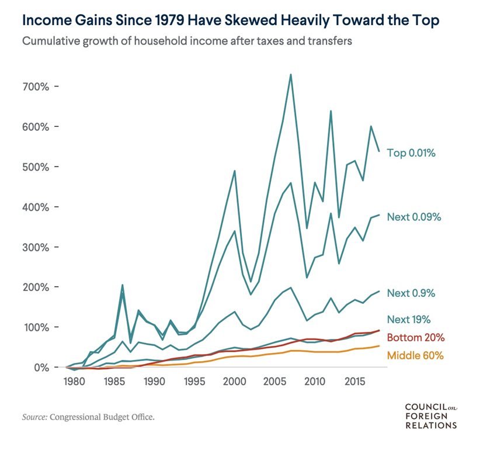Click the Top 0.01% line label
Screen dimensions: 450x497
pos(411,154)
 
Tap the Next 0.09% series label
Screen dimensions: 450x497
pos(414,217)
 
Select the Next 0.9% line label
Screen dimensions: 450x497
pos(411,293)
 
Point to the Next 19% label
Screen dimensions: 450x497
pos(409,319)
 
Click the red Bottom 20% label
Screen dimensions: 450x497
pos(416,338)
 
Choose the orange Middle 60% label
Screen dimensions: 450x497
pos(416,355)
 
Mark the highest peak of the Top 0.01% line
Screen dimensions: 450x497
pos(291,75)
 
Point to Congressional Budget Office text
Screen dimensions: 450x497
pos(103,417)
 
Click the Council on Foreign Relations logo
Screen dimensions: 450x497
pos(430,416)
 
